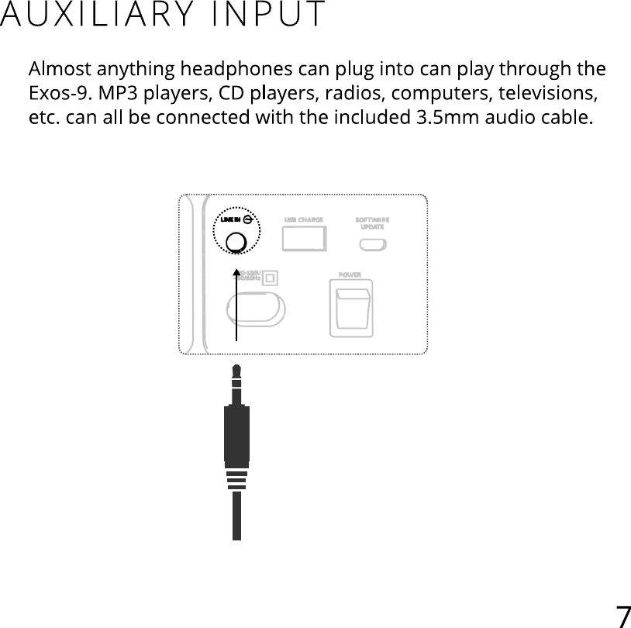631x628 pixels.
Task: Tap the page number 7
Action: click(x=622, y=616)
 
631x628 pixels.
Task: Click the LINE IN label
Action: click(x=231, y=219)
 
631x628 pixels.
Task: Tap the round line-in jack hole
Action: click(x=236, y=242)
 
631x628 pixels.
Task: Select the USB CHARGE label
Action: click(x=303, y=220)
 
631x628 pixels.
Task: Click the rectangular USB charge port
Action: click(x=303, y=240)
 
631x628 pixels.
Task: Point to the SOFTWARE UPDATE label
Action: click(x=372, y=223)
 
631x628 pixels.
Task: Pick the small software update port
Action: click(x=372, y=244)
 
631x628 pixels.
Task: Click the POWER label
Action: click(x=351, y=275)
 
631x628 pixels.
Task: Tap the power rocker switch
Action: click(x=351, y=308)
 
